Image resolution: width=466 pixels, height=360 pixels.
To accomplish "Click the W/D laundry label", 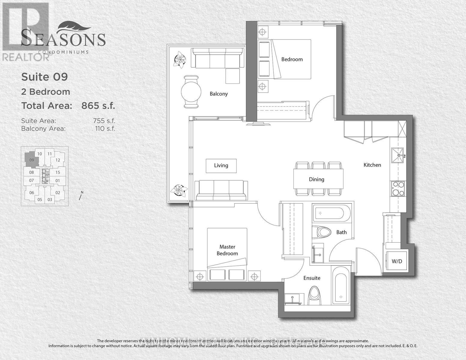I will click(397, 261).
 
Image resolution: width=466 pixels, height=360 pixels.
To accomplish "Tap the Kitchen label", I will click(372, 165).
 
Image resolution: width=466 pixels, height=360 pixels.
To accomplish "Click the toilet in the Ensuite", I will click(314, 295).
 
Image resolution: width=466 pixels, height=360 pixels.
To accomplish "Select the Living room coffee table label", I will click(221, 166).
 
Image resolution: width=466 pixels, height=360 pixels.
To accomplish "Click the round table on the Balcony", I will click(191, 91).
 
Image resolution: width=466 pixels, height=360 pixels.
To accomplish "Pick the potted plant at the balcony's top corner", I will click(180, 59).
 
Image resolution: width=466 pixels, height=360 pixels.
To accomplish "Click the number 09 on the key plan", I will click(32, 160).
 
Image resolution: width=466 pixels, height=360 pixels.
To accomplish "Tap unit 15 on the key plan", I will click(58, 172).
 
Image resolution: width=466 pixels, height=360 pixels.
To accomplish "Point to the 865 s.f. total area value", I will click(98, 106).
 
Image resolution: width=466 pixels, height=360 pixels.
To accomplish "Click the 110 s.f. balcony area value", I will click(105, 129).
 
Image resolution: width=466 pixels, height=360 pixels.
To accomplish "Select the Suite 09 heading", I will click(44, 77).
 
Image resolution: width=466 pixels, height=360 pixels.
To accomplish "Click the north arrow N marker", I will click(80, 196).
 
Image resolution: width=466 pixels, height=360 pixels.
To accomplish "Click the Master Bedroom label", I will click(227, 250).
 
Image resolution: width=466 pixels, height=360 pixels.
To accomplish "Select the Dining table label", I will click(316, 179).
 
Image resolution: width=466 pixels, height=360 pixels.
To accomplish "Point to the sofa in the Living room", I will click(221, 190).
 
